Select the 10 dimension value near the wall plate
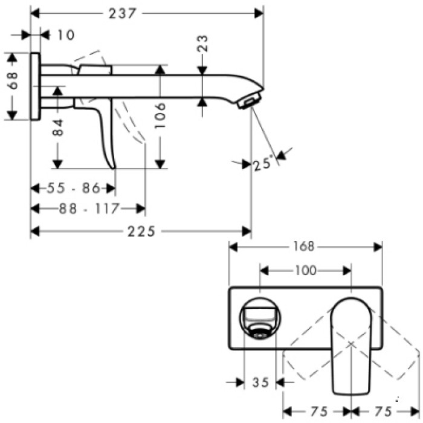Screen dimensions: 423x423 tap(66, 35)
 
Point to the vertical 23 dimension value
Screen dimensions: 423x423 tap(203, 44)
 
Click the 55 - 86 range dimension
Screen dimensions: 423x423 tap(73, 188)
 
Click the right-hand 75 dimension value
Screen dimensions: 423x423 tap(383, 411)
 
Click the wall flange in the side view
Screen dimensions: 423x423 tap(36, 86)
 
